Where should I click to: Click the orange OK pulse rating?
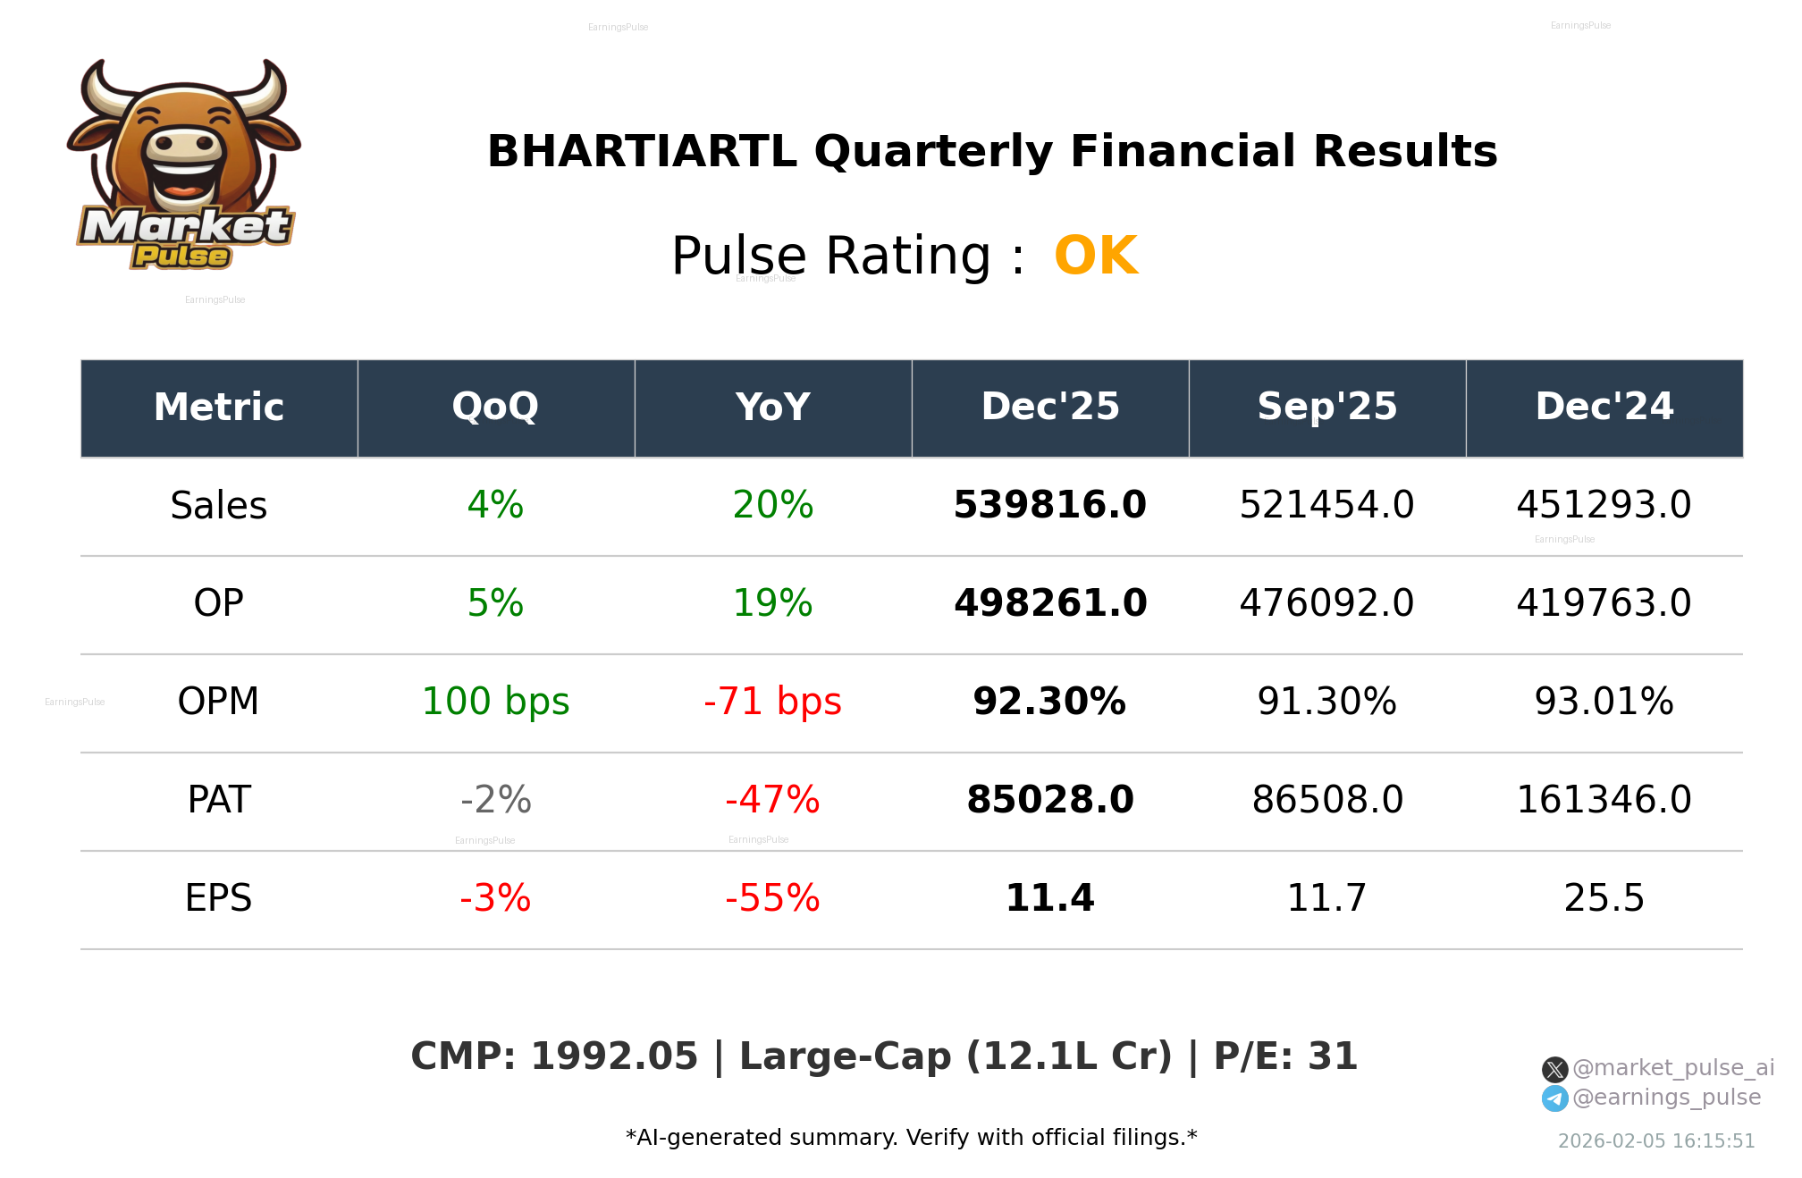click(x=1095, y=256)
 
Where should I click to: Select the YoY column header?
click(x=772, y=408)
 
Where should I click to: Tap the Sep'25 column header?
click(x=1326, y=408)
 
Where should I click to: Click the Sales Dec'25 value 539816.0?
click(x=1049, y=505)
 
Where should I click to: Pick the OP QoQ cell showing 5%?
click(x=495, y=603)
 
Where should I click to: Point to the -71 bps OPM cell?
click(x=772, y=702)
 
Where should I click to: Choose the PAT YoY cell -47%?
click(x=772, y=800)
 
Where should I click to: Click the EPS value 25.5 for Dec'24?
click(x=1604, y=898)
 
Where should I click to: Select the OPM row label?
click(x=218, y=702)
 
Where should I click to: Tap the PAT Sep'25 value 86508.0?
click(x=1326, y=800)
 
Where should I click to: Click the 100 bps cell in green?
click(x=495, y=702)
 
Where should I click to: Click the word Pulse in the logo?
click(x=181, y=257)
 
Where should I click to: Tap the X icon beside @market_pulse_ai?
click(x=1554, y=1069)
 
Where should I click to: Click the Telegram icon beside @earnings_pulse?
click(x=1554, y=1098)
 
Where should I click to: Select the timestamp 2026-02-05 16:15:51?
click(x=1655, y=1141)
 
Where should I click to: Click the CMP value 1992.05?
click(x=614, y=1056)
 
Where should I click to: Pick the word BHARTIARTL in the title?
click(x=641, y=152)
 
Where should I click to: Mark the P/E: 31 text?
click(x=1285, y=1056)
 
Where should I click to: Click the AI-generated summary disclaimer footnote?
click(x=911, y=1138)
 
